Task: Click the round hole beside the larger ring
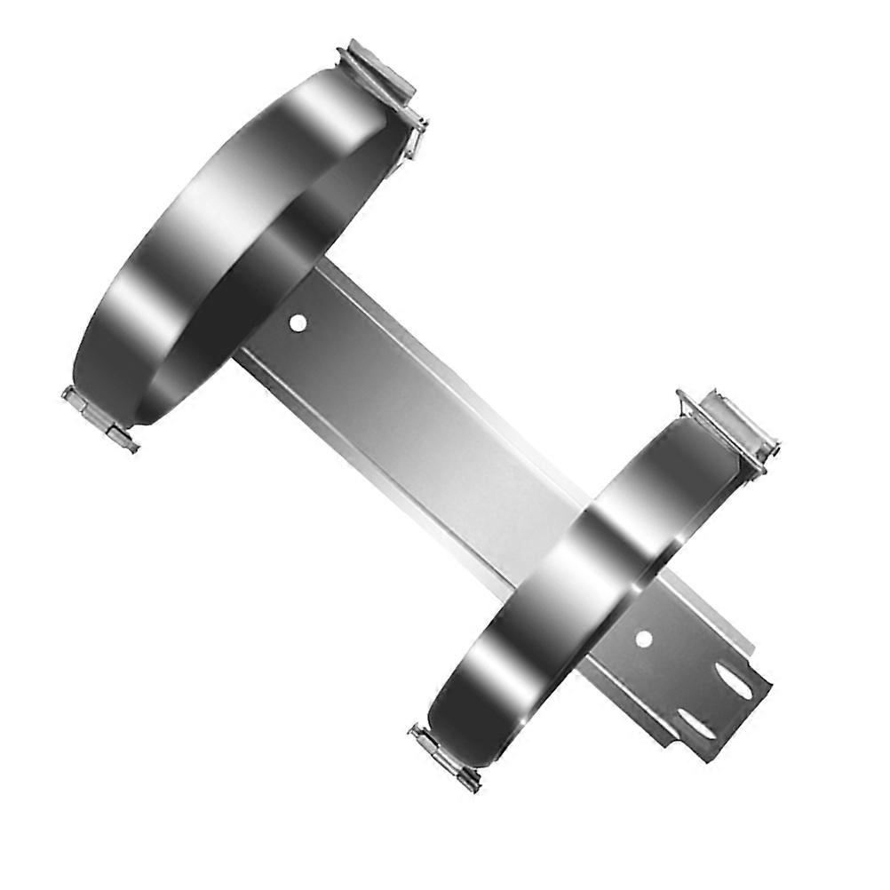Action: [x=298, y=322]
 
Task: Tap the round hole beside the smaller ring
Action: [x=644, y=638]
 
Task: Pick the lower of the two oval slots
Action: [x=695, y=724]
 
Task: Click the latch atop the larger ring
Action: [x=378, y=70]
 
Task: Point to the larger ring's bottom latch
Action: [x=99, y=418]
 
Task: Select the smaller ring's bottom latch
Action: [x=444, y=758]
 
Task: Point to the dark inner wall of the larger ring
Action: [x=266, y=266]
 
